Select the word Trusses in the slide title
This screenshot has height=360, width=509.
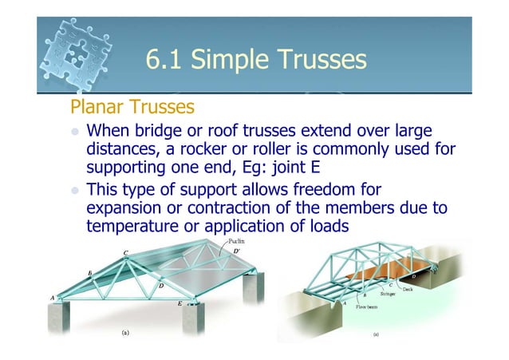click(x=316, y=60)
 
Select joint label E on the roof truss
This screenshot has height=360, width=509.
click(x=179, y=304)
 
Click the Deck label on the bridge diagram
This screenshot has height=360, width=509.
click(x=408, y=289)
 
